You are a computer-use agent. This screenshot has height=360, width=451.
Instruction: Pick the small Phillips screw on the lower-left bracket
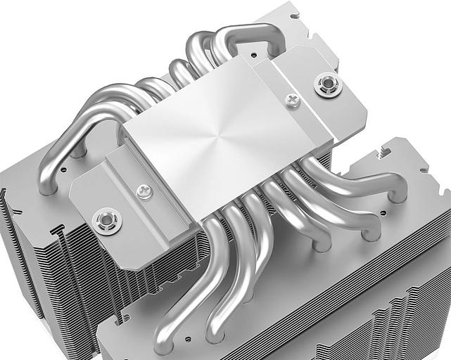[144, 191]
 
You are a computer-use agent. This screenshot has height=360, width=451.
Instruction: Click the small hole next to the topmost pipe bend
[251, 53]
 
